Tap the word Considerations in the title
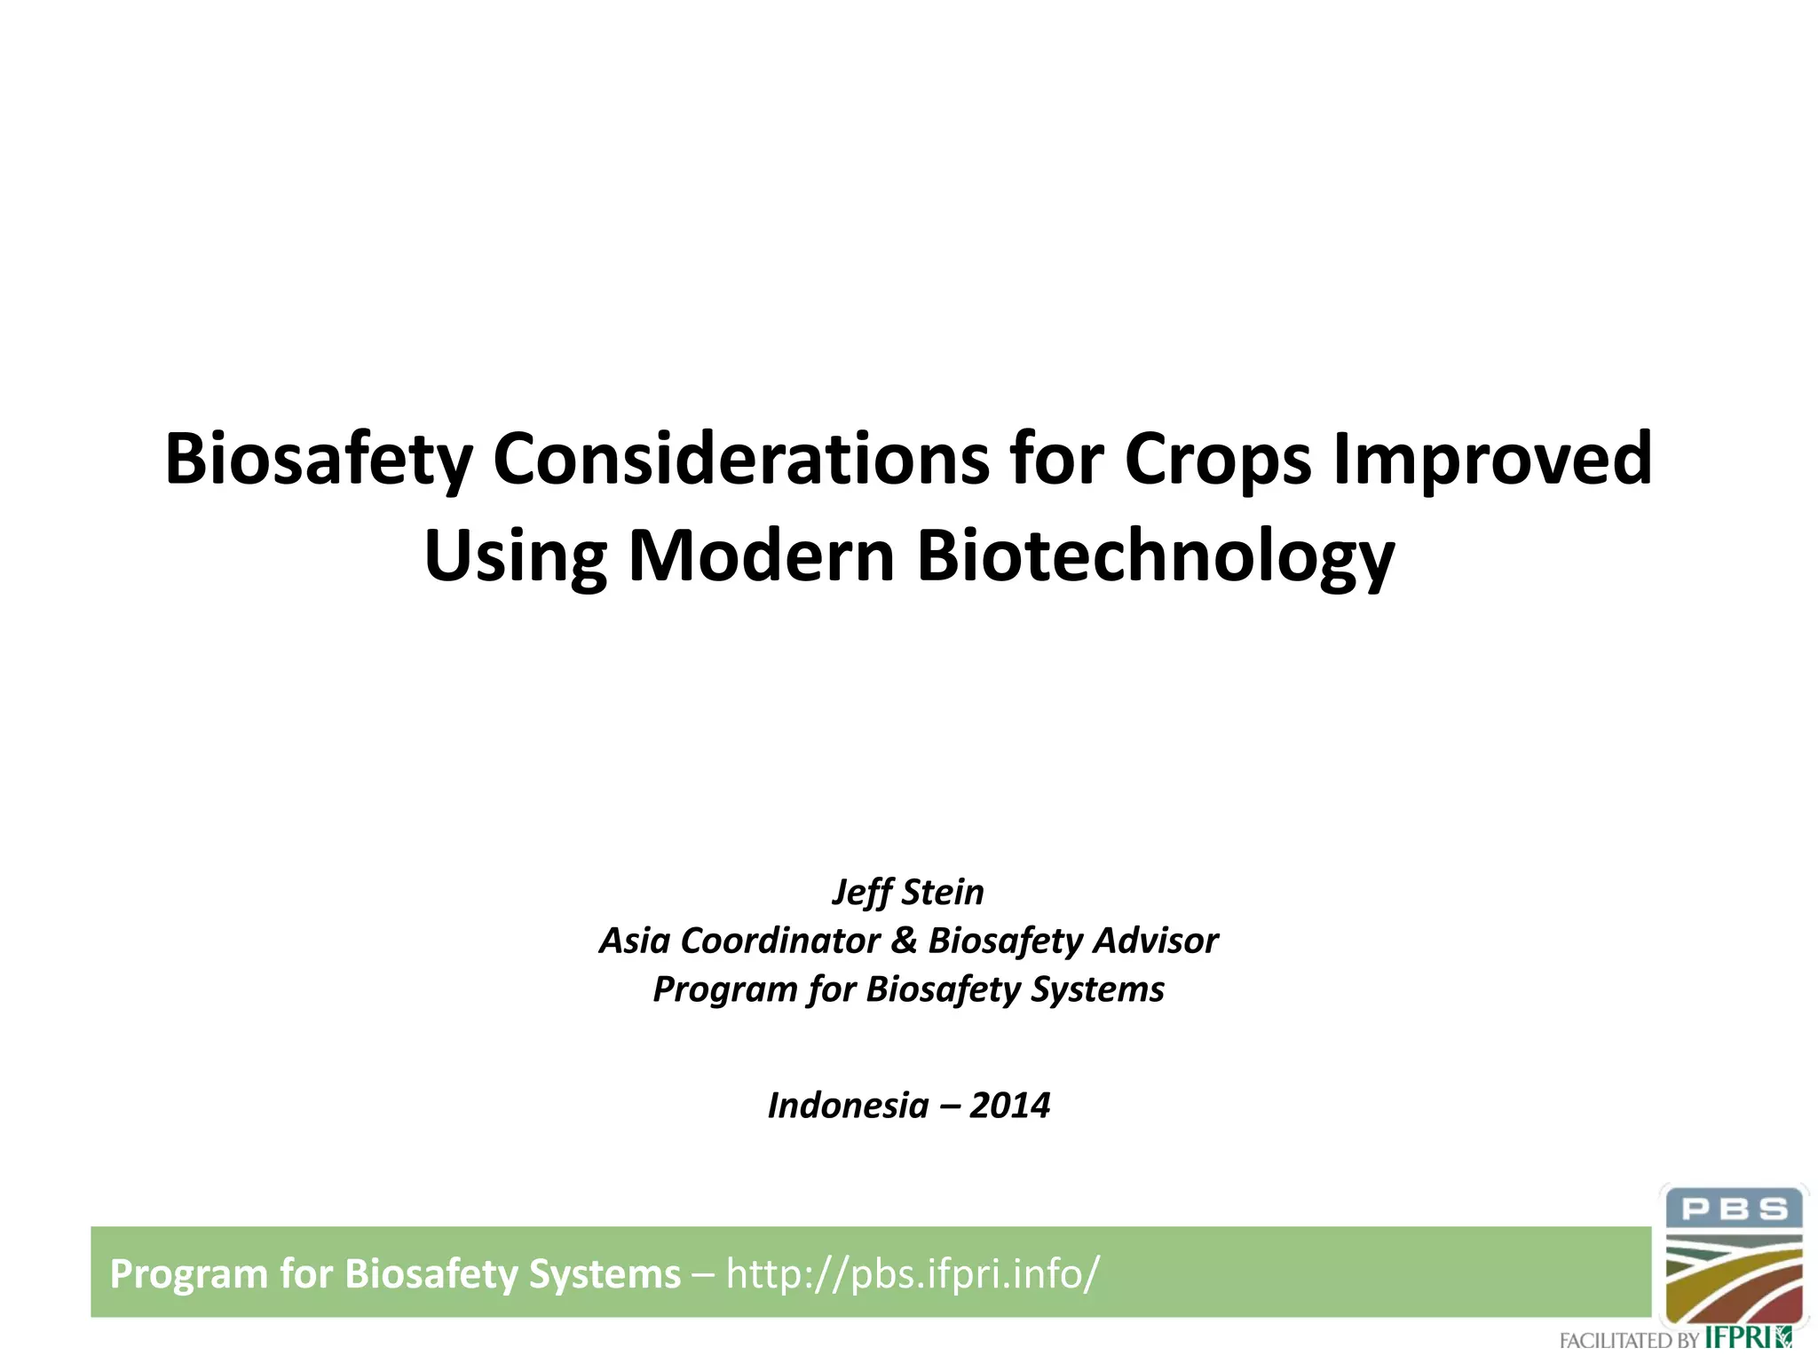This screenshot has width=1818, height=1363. [x=740, y=460]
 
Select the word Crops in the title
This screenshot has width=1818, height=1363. [x=1217, y=460]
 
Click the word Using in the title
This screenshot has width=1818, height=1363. [x=515, y=557]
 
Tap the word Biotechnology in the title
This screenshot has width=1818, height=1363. [x=1155, y=557]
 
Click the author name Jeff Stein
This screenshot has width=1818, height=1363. [x=908, y=892]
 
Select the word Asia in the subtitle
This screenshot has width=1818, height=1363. [x=635, y=941]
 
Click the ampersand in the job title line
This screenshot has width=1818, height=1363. [x=903, y=941]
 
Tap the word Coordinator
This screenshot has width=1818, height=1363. [x=780, y=941]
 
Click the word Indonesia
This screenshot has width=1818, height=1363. [x=848, y=1106]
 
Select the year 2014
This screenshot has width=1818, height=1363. [x=1009, y=1106]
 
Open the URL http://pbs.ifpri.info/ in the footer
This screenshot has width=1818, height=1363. [x=913, y=1273]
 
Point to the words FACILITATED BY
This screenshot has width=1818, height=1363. [x=1628, y=1340]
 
